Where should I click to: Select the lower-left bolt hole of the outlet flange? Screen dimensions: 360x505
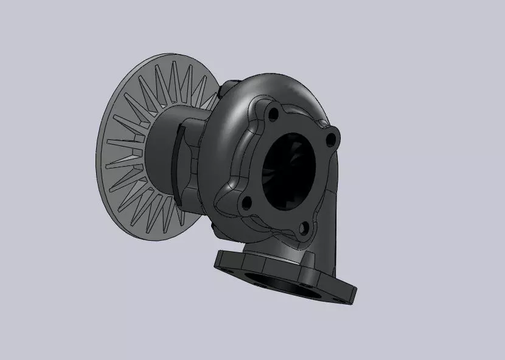[245, 202]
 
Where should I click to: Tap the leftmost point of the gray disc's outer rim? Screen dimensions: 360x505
[97, 152]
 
